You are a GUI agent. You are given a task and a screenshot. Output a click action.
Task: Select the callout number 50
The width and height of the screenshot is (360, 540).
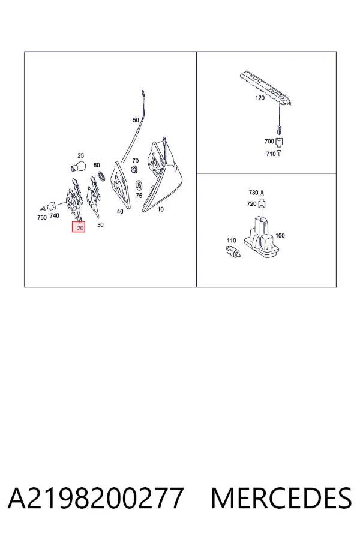coord(136,120)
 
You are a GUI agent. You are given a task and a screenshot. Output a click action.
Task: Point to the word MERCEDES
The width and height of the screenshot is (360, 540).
coord(281,498)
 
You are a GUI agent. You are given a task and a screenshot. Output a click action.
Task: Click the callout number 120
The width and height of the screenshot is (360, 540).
coord(260,98)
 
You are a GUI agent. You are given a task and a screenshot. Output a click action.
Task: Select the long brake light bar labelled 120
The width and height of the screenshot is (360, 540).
coord(266,88)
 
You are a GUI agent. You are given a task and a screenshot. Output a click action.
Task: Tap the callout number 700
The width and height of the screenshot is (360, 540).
coord(269,141)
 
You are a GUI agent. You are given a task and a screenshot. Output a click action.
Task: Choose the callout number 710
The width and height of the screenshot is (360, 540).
coord(271,154)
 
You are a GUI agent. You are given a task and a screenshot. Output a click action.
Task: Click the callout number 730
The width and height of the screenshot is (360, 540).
coord(253,193)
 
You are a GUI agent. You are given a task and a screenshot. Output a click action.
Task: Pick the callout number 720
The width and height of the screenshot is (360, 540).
coord(251,204)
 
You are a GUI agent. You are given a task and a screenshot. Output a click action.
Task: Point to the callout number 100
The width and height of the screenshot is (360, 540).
coord(280,236)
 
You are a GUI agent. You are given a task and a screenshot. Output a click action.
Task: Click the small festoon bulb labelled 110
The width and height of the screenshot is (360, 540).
coord(233,251)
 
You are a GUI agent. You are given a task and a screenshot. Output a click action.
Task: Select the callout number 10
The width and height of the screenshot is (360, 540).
coord(161,209)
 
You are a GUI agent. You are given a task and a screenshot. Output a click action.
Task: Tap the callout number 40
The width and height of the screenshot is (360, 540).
coord(120,211)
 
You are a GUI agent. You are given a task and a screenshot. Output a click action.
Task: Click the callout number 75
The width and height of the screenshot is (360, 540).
coord(139,196)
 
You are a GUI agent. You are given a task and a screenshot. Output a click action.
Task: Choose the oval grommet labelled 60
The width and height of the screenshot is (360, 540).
coord(101,175)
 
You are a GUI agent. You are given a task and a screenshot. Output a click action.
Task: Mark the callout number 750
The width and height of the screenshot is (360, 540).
coord(42,217)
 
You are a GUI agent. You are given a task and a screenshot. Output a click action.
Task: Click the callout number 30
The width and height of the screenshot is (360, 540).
coord(100,225)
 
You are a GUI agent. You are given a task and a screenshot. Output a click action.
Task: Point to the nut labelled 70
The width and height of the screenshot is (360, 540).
coord(133,169)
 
